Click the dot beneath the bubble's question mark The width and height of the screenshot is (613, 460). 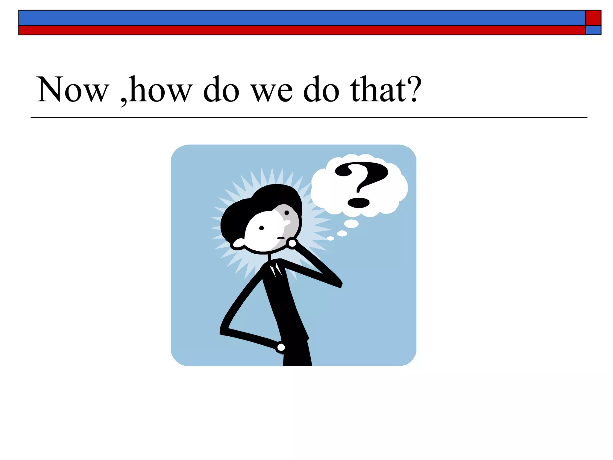coord(358,202)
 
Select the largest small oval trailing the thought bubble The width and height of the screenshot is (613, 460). coord(351,223)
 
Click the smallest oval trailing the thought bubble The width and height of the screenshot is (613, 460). coord(330,238)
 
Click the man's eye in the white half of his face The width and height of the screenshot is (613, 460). coord(261,228)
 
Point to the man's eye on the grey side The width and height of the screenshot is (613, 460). coord(286,213)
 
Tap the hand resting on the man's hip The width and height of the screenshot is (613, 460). coord(281,347)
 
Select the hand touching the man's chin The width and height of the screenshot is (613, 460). coord(292,243)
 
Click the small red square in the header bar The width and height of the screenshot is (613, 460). coord(593,18)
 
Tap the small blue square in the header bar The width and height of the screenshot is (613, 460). coord(593,30)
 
